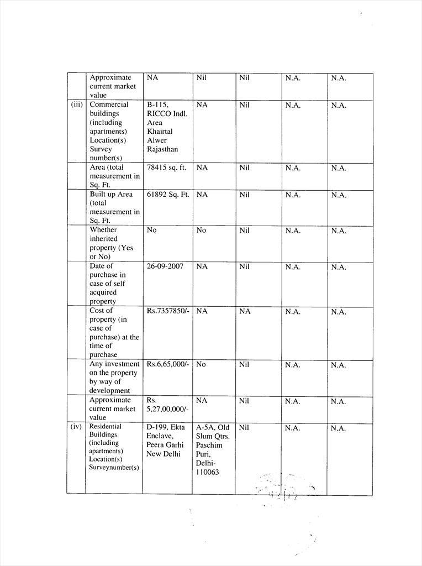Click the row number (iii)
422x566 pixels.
coord(76,104)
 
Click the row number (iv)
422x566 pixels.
coord(76,427)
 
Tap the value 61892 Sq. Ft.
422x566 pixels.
coord(168,195)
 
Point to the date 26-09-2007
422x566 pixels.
coord(165,266)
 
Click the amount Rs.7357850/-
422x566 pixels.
coord(168,311)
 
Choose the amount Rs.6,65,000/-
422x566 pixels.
coord(168,364)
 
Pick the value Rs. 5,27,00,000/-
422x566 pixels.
coord(167,404)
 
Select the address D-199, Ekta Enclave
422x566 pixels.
coord(165,432)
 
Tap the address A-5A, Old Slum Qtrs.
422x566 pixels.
coord(213,432)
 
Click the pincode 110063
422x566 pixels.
coord(207,472)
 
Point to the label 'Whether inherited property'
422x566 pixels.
coord(111,243)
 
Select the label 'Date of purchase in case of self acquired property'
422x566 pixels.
coord(108,284)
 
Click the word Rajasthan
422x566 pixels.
coord(162,149)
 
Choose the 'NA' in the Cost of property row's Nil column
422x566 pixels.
coord(245,312)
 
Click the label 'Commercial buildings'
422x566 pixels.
coord(109,109)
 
